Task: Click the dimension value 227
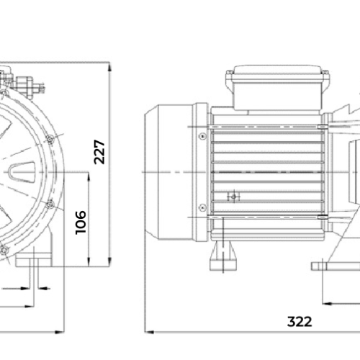99,152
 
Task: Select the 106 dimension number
81,222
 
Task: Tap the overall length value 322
300,322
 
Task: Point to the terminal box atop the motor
278,88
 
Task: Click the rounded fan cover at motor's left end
169,172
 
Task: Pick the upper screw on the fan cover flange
203,136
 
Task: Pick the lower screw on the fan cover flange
203,207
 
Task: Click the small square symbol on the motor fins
233,197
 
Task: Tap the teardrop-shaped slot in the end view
22,172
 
